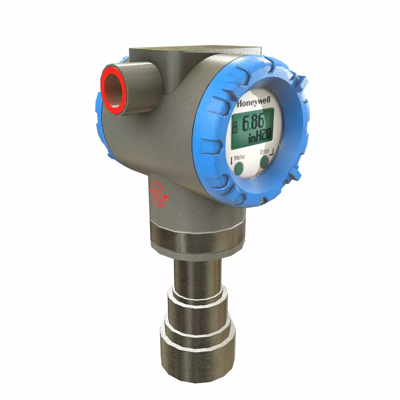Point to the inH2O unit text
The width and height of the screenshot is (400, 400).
[x=260, y=136]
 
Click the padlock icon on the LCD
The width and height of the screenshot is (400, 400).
[x=235, y=127]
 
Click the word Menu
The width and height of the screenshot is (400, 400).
[x=239, y=157]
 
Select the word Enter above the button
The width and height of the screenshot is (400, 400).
[x=265, y=152]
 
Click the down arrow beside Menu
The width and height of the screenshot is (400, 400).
[x=231, y=161]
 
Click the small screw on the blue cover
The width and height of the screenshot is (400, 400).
[x=262, y=201]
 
